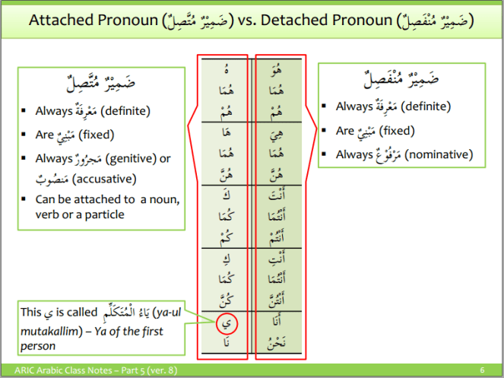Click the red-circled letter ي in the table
[227, 324]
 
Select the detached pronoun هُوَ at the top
[278, 73]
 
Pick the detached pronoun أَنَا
[278, 323]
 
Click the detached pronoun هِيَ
[278, 135]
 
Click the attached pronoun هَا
[227, 136]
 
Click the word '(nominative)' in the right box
[439, 154]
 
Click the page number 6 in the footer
[482, 370]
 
